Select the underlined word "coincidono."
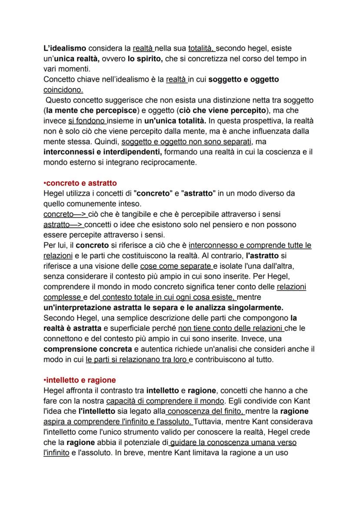[x=63, y=90]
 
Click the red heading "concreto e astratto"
[x=81, y=183]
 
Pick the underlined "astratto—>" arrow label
[x=63, y=225]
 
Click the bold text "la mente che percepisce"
[x=91, y=110]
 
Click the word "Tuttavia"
[x=208, y=422]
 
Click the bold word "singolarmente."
[x=250, y=308]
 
